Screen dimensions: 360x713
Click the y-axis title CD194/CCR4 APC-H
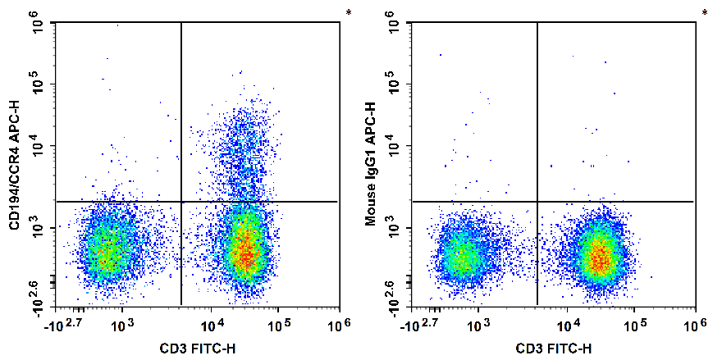13,163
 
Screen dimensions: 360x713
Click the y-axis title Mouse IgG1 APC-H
370,163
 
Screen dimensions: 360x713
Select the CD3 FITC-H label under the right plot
553,349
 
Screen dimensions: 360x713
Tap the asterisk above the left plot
348,12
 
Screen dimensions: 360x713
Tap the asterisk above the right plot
704,12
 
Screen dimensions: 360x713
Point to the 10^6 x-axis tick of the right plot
694,326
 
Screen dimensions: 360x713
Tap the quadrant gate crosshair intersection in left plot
181,201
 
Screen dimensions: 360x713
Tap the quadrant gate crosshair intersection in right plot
537,201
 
